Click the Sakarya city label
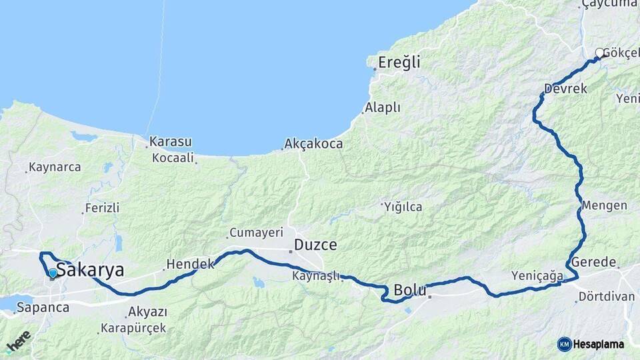[90, 270]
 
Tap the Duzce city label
[315, 245]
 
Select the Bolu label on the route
[410, 291]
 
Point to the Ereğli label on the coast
[399, 63]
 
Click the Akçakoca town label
[313, 143]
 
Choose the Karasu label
[170, 141]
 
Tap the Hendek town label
[190, 264]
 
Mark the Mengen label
[604, 205]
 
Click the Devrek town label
[565, 89]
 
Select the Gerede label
[593, 262]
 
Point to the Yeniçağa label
[537, 275]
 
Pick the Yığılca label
[403, 207]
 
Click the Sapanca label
[43, 307]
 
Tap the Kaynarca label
[55, 167]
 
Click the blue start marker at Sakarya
[53, 273]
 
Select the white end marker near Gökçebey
[599, 52]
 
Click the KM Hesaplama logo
[591, 344]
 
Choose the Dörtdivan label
[606, 296]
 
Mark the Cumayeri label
[257, 233]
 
